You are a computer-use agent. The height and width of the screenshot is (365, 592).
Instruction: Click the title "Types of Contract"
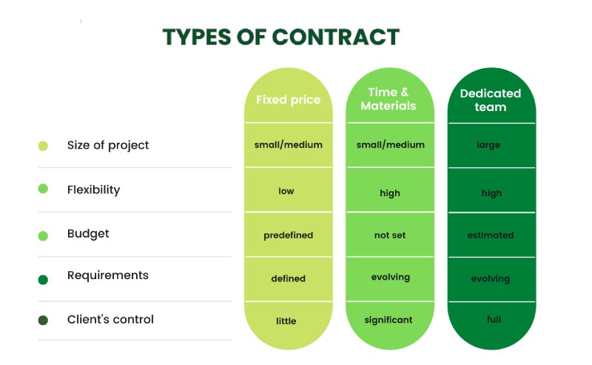coord(281,37)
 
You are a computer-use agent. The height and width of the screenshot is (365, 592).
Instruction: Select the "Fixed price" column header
coord(288,99)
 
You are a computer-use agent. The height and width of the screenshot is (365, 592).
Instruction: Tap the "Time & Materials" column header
coord(388,99)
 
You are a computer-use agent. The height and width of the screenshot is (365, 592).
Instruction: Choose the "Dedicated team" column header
coord(491,100)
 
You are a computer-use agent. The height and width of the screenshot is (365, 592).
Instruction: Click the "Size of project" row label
coord(108,145)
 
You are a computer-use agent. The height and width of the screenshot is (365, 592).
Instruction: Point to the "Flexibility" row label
coord(94,190)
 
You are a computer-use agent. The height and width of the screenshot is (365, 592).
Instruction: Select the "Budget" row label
coord(88,234)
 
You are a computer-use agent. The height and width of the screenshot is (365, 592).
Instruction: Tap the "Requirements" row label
coord(107,275)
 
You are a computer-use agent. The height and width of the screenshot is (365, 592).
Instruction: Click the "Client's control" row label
coord(110,319)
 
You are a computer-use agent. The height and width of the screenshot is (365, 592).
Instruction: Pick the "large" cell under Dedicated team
coord(488,145)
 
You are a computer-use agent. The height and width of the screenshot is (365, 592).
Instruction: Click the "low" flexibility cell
coord(286,191)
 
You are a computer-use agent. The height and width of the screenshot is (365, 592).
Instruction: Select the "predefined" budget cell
coord(288,235)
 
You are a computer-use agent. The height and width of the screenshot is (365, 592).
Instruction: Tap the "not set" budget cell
coord(390,235)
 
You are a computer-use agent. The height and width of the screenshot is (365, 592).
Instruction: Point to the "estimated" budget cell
coord(491,235)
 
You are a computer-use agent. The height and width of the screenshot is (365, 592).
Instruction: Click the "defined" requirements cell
coord(288,278)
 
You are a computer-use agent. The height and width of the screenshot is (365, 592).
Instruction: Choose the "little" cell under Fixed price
coord(286,321)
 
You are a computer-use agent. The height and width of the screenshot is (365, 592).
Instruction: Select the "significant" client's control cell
coord(388,320)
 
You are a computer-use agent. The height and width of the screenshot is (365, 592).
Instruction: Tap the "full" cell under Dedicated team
coord(494,319)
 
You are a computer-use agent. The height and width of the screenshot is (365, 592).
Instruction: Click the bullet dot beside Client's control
coord(43,320)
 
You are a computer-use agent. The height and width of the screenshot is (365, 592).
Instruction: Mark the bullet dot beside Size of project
coord(43,146)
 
